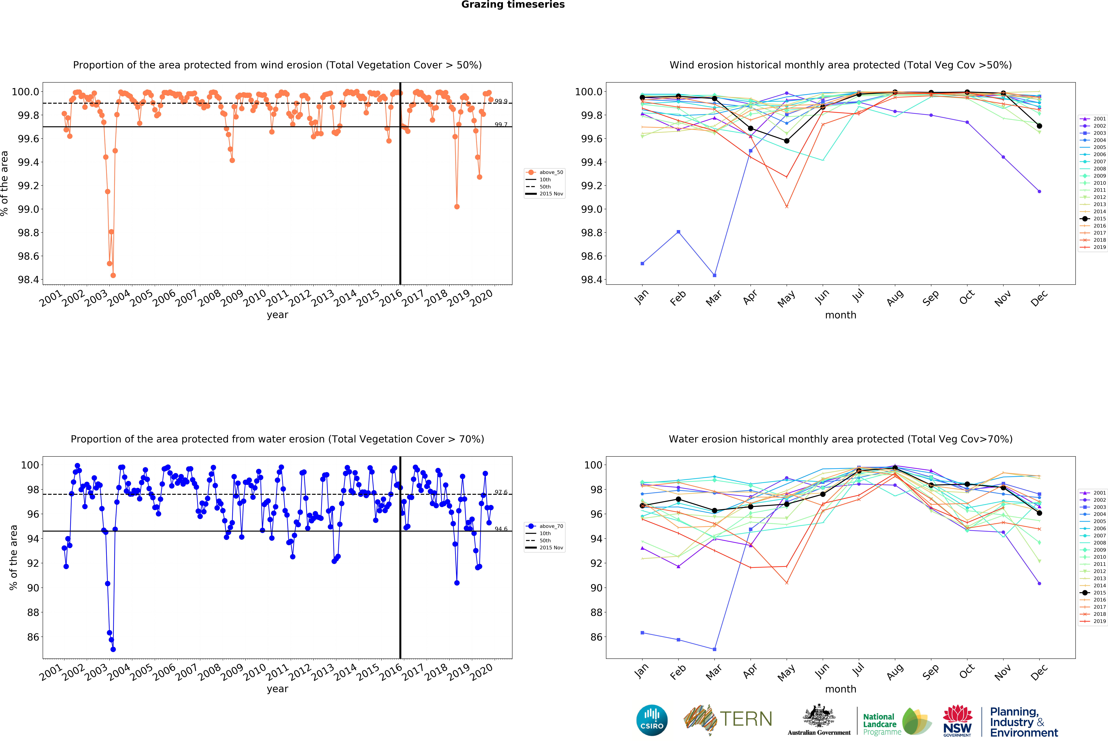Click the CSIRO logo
tap(652, 720)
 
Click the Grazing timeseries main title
tap(513, 5)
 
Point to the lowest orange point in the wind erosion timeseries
tap(113, 275)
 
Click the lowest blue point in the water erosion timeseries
tap(113, 649)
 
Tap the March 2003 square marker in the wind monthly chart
tap(714, 275)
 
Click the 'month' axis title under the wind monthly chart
tap(841, 315)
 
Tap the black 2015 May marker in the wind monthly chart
tap(787, 141)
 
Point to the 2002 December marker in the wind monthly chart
tap(1039, 191)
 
